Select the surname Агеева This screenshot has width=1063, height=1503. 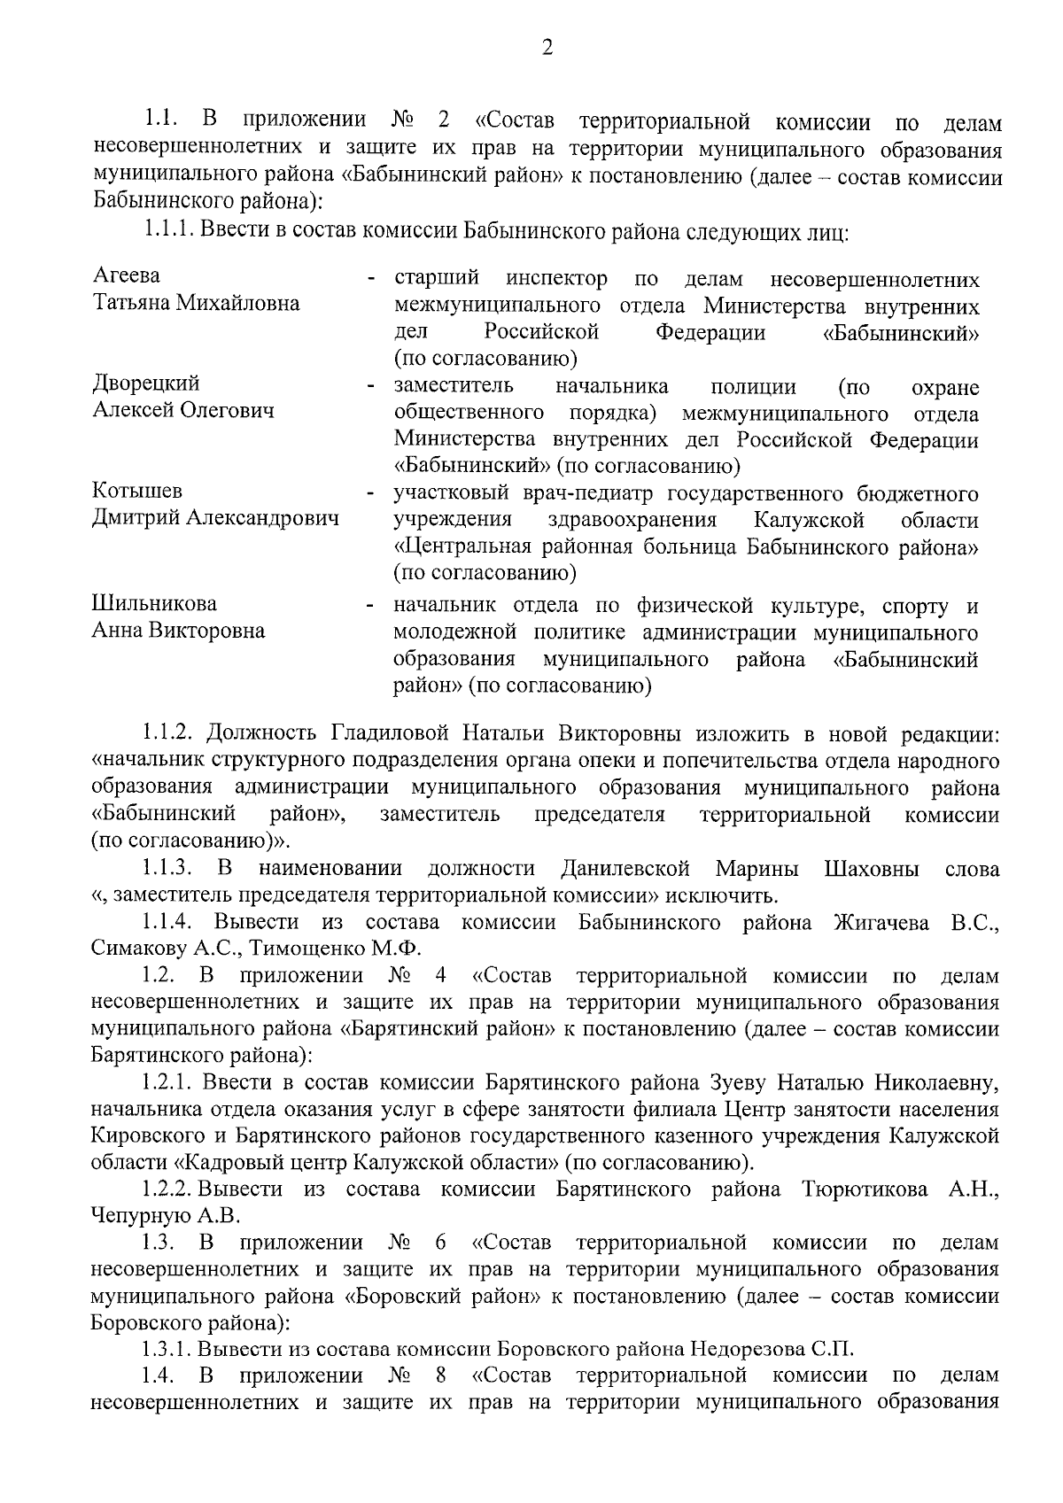(127, 276)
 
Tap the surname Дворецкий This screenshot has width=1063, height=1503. (146, 383)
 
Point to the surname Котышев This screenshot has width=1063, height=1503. (137, 491)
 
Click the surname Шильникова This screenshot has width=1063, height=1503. (154, 603)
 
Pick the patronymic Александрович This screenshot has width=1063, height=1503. (263, 518)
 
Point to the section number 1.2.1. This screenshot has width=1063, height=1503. (167, 1083)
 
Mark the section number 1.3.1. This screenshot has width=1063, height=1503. (167, 1350)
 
